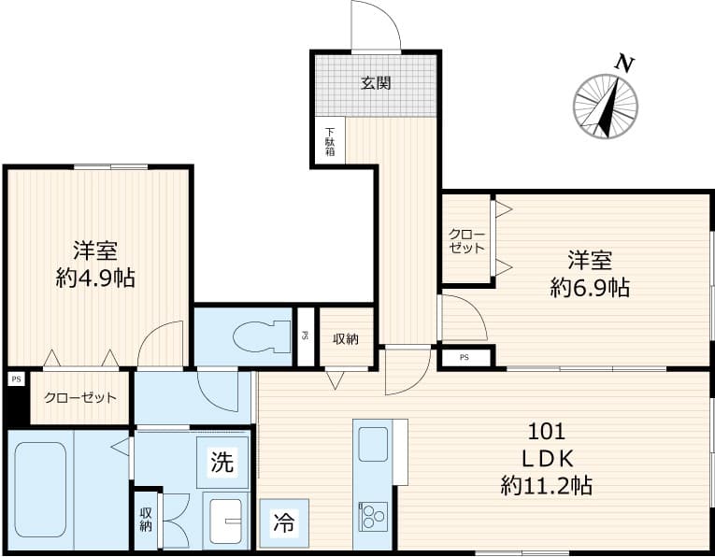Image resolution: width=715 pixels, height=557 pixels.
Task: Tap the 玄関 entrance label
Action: [376, 82]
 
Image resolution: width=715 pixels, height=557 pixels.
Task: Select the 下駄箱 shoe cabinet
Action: [330, 140]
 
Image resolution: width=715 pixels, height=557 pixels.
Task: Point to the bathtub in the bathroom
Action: [40, 489]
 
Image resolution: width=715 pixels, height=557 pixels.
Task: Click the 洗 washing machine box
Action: [222, 461]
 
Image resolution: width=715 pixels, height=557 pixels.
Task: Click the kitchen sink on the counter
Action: [373, 444]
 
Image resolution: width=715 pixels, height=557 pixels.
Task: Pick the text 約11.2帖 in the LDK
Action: [547, 484]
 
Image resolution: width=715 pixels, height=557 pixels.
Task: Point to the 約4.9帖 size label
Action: [94, 278]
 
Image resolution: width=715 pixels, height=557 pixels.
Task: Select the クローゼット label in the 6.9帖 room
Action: [466, 241]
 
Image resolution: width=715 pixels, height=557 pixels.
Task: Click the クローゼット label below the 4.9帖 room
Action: [80, 397]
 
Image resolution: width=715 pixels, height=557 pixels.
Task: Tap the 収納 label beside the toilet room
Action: [347, 338]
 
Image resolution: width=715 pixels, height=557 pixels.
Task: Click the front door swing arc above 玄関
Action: [376, 25]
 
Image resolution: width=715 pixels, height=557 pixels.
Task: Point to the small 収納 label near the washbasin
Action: [146, 519]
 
